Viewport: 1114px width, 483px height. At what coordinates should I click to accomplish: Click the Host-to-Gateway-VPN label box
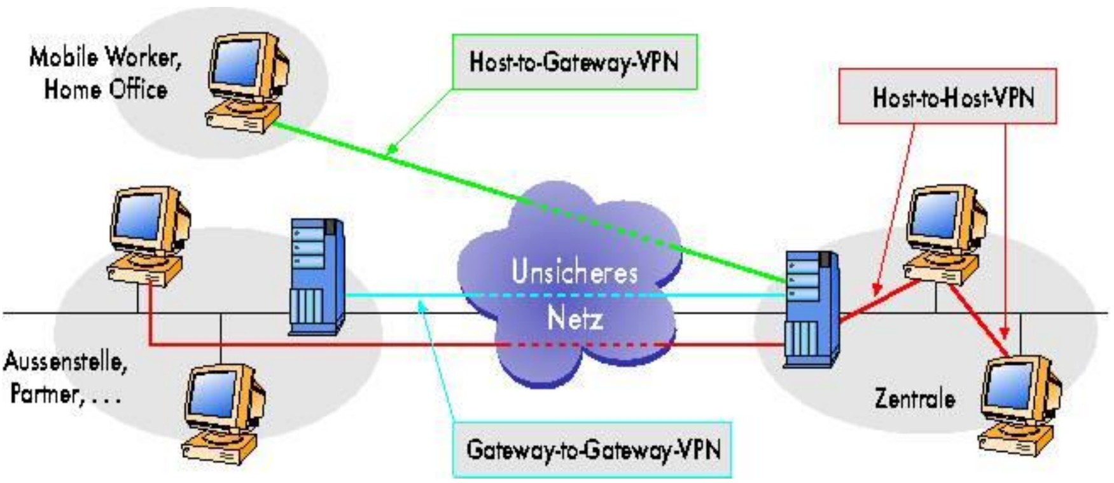(574, 62)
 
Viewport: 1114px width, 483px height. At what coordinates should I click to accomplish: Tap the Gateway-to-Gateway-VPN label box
(593, 450)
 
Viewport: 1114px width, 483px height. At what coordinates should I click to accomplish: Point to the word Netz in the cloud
(574, 318)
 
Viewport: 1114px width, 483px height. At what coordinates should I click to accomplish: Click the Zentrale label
(915, 398)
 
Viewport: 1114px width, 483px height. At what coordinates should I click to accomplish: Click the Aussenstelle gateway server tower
(317, 276)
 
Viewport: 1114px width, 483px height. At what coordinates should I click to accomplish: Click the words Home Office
(106, 90)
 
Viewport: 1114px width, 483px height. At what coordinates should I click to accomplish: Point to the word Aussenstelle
(65, 362)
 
